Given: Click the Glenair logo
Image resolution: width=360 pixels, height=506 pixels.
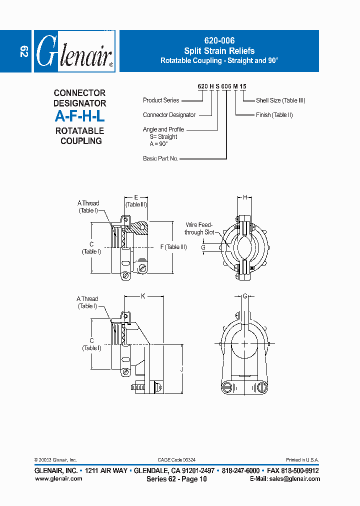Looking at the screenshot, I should pos(74,51).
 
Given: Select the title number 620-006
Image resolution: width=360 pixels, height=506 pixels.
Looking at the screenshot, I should pos(219,41).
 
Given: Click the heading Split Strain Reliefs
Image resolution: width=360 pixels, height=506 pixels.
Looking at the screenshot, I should pos(219,51).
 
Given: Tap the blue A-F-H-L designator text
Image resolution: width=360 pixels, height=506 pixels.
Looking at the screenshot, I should pos(79,117).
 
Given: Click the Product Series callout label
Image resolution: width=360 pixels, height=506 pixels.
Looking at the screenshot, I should pos(161,100).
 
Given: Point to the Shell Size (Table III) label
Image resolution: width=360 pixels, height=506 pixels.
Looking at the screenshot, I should pos(280,100).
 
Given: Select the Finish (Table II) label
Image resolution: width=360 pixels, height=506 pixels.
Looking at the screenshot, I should pos(274,115).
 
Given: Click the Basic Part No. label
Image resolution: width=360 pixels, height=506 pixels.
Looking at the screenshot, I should pos(160,158).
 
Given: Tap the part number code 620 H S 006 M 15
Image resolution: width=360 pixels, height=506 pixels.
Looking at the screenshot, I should pos(222,86).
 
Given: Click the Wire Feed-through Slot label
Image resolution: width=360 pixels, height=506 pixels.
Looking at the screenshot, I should pos(199,228).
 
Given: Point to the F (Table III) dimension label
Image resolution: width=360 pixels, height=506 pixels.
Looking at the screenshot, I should pos(173,247).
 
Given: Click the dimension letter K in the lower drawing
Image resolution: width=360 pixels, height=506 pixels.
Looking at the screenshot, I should pos(142,296).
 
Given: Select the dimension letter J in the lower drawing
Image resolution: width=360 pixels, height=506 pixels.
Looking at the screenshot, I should pos(182,369).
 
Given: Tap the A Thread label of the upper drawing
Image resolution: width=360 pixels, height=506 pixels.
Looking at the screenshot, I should pos(88,203).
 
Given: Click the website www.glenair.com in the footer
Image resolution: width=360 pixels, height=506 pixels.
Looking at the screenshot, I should pos(58,478).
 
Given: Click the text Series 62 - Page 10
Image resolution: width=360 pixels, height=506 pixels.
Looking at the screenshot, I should pos(176,479).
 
